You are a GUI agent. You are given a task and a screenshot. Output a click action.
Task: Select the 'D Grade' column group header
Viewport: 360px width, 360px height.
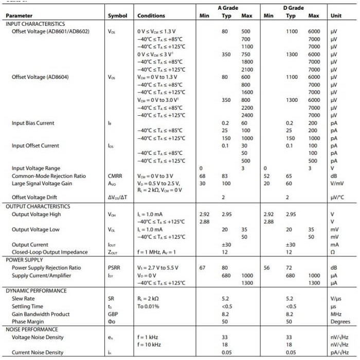point(293,8)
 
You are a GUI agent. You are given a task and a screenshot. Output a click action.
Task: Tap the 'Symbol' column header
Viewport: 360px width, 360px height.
point(118,16)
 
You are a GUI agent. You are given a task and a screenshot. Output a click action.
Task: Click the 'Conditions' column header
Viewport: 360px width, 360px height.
point(151,16)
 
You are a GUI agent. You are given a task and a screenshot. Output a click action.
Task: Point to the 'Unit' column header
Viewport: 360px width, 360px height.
point(336,16)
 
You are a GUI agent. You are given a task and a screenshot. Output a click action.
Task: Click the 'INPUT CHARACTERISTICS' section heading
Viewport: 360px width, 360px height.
point(35,24)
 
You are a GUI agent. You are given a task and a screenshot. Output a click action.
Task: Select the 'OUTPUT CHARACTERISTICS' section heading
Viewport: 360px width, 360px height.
point(38,206)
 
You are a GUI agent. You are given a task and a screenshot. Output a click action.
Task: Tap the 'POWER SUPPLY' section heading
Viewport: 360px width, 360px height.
point(25,260)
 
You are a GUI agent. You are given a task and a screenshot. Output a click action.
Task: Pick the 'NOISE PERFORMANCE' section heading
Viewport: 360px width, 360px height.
point(32,329)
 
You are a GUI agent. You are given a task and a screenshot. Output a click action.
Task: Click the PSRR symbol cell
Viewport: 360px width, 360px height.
point(114,267)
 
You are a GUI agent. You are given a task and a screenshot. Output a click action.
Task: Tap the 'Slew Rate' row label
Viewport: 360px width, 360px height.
point(23,298)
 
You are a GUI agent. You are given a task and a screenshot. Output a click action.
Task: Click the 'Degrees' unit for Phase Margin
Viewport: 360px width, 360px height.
point(339,321)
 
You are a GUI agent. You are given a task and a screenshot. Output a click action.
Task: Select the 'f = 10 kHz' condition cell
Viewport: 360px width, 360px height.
point(150,345)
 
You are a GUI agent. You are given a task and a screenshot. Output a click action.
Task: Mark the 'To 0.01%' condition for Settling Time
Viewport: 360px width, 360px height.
point(149,306)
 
